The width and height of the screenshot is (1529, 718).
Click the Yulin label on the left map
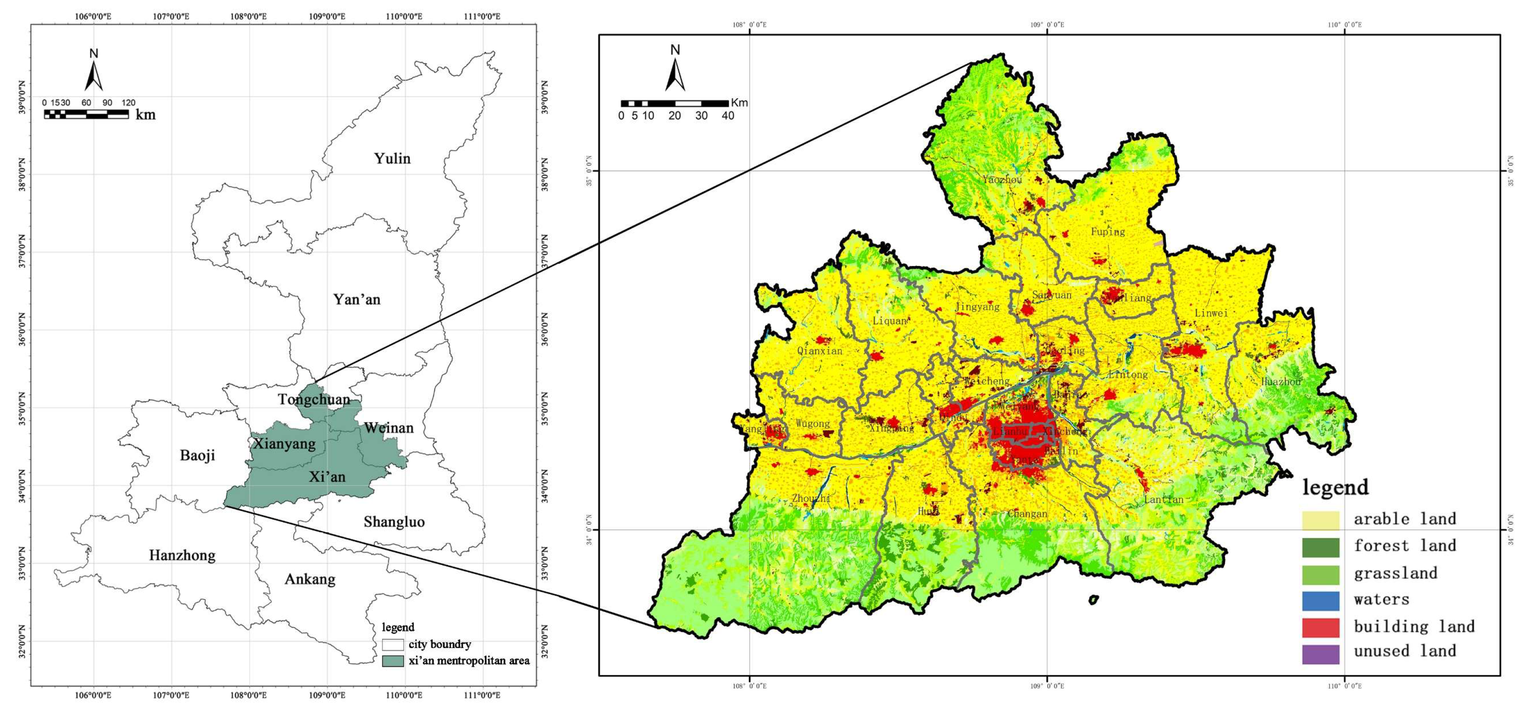392,159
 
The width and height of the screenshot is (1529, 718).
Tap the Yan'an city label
356,299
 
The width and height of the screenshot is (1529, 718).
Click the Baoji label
197,455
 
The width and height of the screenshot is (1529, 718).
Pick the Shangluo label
394,522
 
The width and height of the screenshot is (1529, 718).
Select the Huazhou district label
1281,382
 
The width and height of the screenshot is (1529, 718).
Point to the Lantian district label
1163,500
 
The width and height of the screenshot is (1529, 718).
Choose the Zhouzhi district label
811,499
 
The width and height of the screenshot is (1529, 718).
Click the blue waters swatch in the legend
1320,601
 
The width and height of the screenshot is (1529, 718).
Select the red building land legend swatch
1320,627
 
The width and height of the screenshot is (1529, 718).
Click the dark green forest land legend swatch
1320,547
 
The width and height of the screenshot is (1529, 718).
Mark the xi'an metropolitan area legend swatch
392,660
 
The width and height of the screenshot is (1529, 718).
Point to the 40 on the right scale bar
728,116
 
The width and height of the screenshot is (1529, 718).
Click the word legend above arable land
1335,488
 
